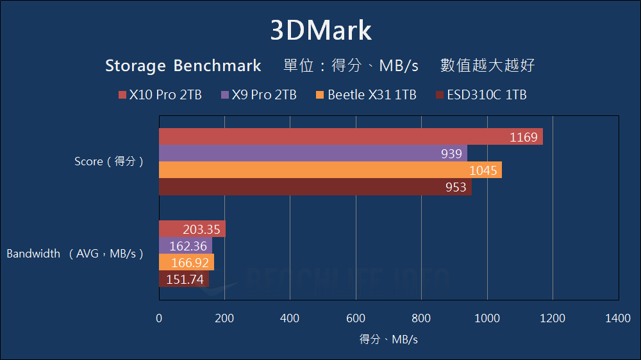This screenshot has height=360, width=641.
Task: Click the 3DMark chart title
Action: (320, 31)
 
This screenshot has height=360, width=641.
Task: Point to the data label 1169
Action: (523, 137)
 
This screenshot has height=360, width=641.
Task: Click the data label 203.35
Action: (202, 229)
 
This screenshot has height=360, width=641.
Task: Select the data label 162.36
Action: (188, 246)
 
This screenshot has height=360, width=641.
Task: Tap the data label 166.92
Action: (190, 263)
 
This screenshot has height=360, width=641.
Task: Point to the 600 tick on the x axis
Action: (356, 318)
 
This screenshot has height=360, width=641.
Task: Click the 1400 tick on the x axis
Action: (618, 318)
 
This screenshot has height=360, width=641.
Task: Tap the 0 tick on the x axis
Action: (159, 318)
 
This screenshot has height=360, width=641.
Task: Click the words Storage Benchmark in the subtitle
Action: (183, 66)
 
